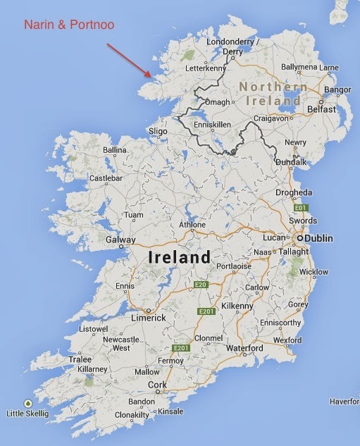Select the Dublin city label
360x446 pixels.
(318, 239)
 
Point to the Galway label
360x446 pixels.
(120, 240)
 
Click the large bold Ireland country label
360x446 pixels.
(179, 258)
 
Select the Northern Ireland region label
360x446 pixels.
(273, 93)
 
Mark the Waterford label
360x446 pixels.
(244, 348)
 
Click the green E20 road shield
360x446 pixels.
(202, 285)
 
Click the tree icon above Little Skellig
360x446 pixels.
(27, 403)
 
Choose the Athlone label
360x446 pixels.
(192, 225)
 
